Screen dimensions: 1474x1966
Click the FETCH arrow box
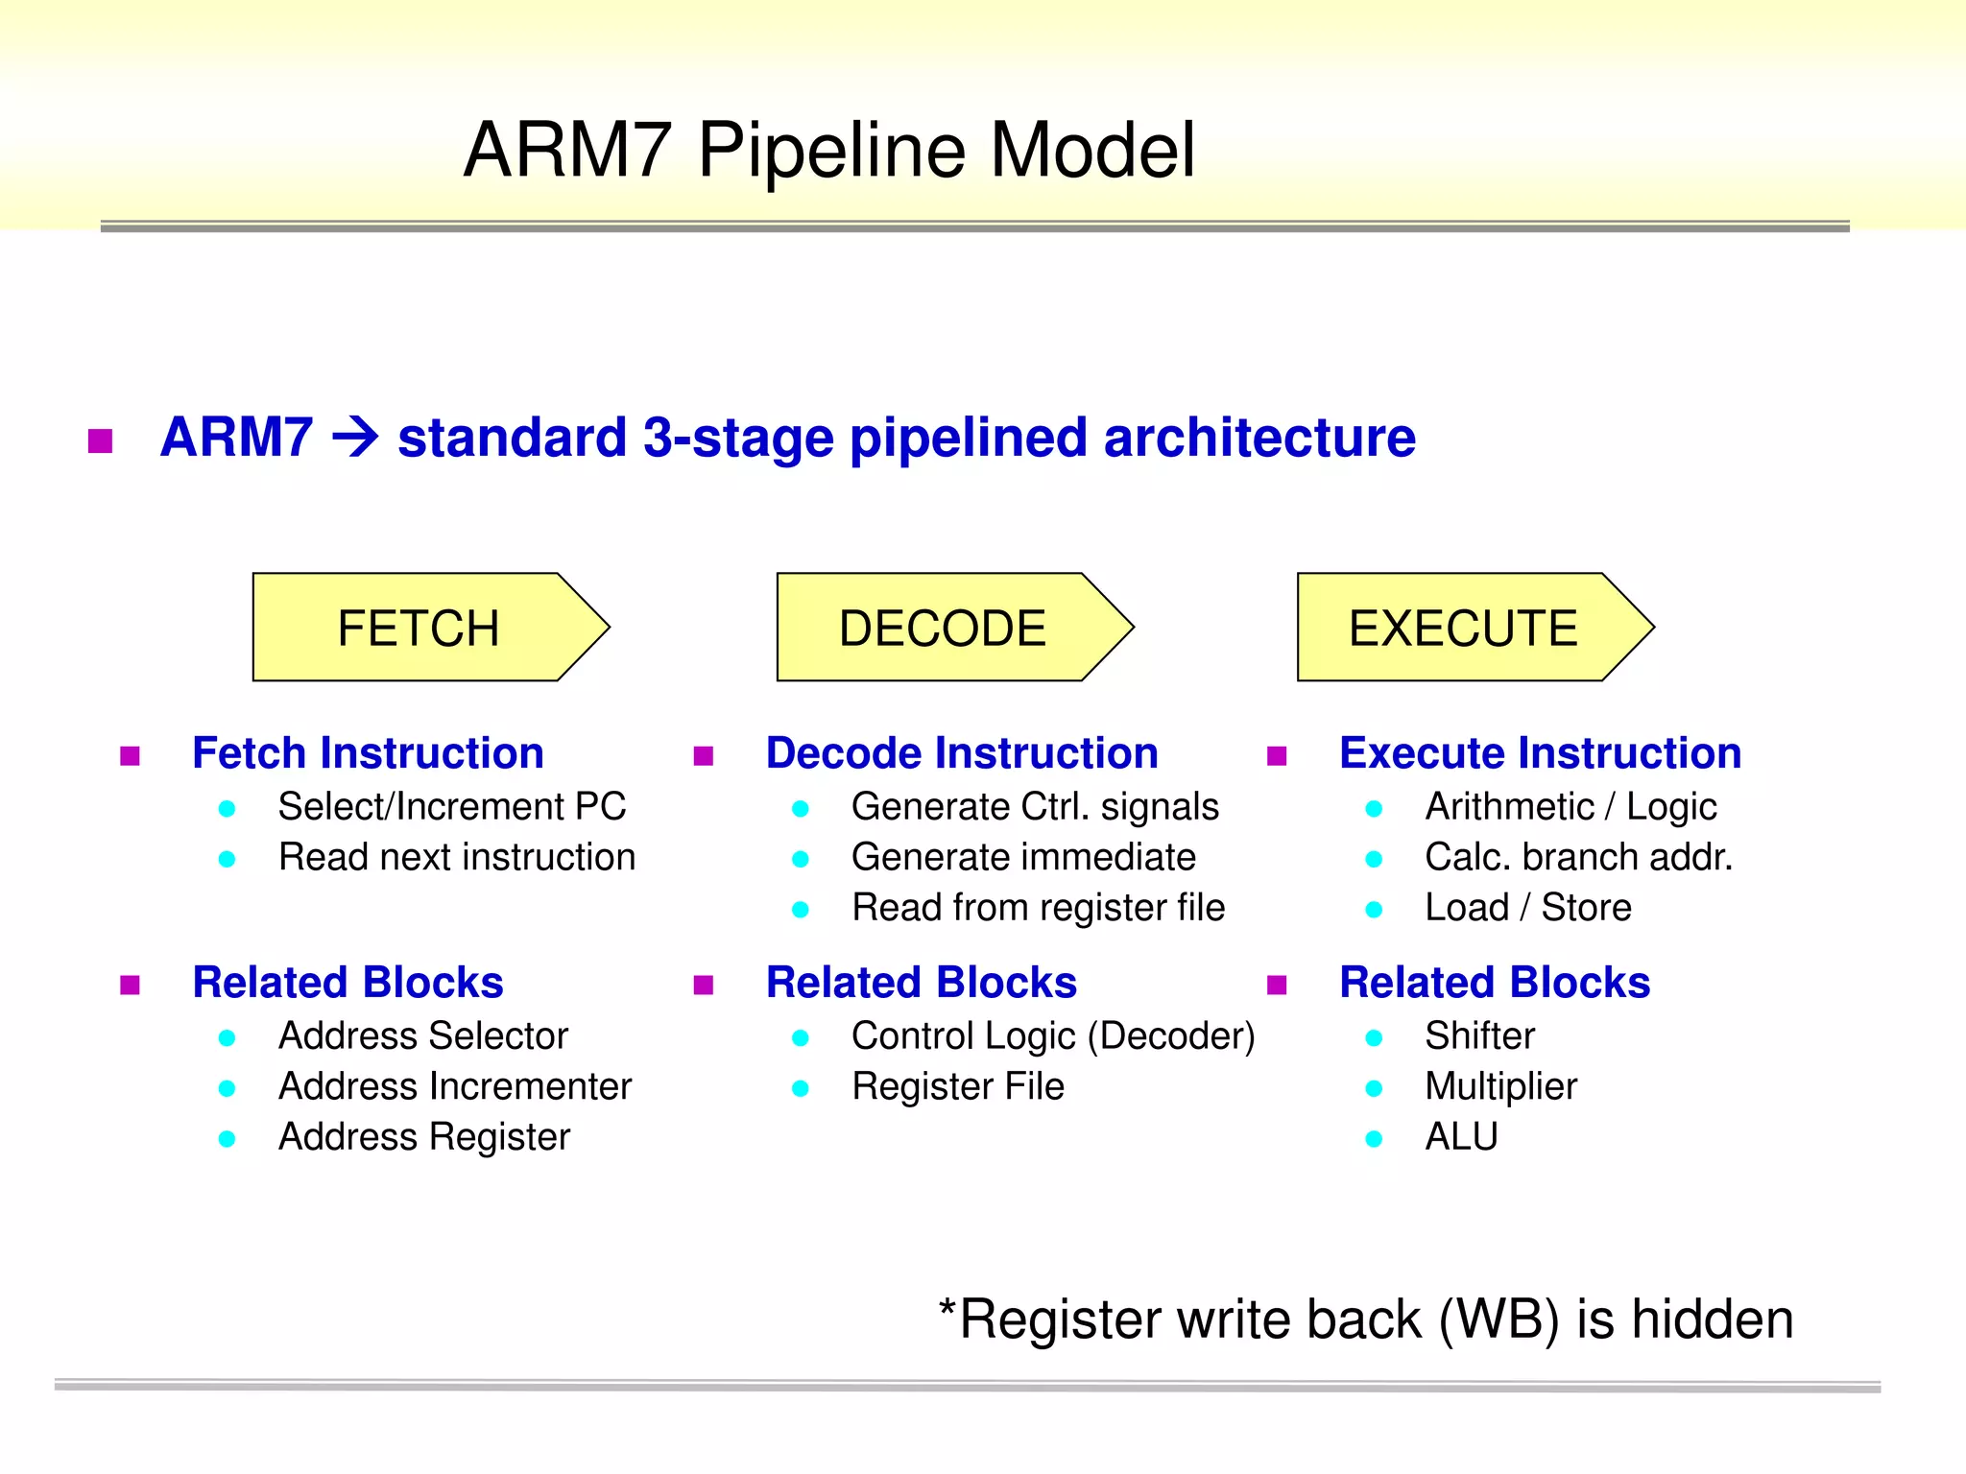click(x=420, y=628)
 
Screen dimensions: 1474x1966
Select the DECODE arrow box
click(x=943, y=628)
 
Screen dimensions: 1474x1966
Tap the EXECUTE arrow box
click(x=1463, y=628)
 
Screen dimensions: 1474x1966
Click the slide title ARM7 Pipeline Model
click(x=829, y=151)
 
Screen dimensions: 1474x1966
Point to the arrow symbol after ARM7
click(x=355, y=438)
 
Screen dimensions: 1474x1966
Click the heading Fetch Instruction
click(x=368, y=753)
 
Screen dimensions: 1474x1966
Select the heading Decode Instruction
click(x=962, y=753)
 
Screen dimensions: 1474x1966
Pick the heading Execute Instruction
click(x=1540, y=753)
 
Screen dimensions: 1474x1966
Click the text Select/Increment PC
click(x=452, y=807)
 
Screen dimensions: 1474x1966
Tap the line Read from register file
click(x=1038, y=908)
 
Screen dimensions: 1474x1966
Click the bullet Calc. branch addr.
click(x=1578, y=857)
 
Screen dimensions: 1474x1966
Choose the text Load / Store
click(x=1527, y=908)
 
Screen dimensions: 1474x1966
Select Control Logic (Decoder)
click(x=1053, y=1036)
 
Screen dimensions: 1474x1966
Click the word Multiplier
click(x=1500, y=1087)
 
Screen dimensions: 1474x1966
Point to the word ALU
click(x=1461, y=1137)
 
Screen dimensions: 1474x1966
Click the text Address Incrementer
click(x=455, y=1087)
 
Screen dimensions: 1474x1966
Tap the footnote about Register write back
click(x=1365, y=1319)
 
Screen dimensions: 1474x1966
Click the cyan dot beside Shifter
click(x=1374, y=1038)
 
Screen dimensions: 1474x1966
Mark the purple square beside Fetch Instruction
click(x=131, y=756)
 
